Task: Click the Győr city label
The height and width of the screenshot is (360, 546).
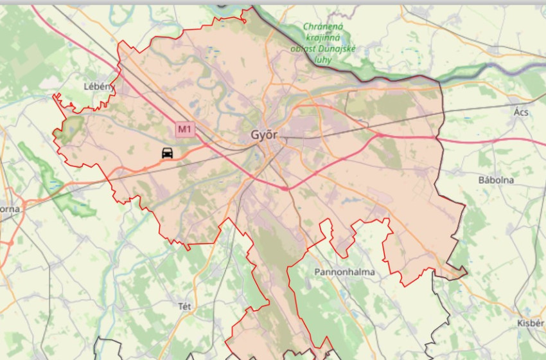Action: [x=264, y=136]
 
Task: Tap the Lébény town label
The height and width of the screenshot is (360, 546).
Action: [x=98, y=86]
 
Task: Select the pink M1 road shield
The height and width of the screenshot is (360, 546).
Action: [x=185, y=129]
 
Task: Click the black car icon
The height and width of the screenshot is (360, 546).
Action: [x=167, y=153]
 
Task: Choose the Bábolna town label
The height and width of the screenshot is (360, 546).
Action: [x=496, y=180]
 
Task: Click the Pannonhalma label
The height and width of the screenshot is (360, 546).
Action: [x=344, y=272]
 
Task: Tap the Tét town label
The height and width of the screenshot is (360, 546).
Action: [x=184, y=306]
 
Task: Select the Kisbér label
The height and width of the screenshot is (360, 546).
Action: [x=530, y=323]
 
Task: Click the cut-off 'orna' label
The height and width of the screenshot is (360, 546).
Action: [x=10, y=209]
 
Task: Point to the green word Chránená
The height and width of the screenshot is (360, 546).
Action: [x=325, y=27]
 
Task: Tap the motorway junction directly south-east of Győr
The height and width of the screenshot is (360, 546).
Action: [x=285, y=188]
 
